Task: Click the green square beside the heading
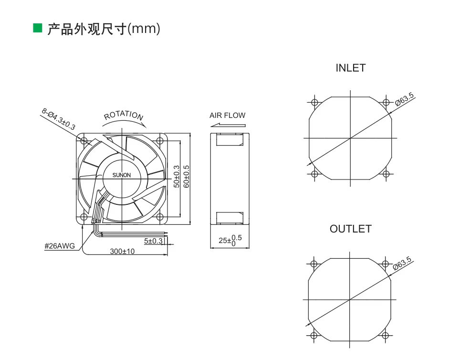click(x=38, y=28)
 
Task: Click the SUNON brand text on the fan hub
click(x=122, y=175)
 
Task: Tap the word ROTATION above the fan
click(x=124, y=115)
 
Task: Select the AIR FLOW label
click(x=228, y=116)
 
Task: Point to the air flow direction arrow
click(x=228, y=125)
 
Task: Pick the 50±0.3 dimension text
click(x=177, y=176)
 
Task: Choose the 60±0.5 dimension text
click(x=187, y=176)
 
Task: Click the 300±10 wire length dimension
click(x=122, y=251)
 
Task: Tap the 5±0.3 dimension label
click(x=153, y=241)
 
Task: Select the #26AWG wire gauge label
click(x=60, y=246)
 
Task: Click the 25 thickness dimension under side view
click(x=230, y=240)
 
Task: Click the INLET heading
click(x=351, y=68)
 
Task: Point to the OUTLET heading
click(x=351, y=229)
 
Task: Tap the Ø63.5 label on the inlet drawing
click(x=405, y=99)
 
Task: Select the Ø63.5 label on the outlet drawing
click(x=402, y=264)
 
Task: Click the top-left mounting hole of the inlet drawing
click(x=315, y=103)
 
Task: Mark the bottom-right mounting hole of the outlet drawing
click(x=385, y=336)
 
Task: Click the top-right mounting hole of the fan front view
click(x=160, y=141)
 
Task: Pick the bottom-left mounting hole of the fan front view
click(x=84, y=217)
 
